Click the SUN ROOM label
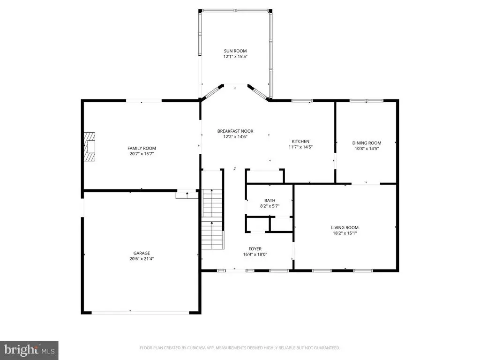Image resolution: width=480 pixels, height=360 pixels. pyautogui.click(x=235, y=51)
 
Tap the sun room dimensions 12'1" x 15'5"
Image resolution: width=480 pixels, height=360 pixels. pyautogui.click(x=235, y=57)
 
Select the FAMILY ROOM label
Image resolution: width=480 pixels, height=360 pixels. pyautogui.click(x=142, y=149)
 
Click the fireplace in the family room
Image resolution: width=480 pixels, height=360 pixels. pyautogui.click(x=90, y=147)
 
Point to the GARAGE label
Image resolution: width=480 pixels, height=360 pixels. pyautogui.click(x=142, y=253)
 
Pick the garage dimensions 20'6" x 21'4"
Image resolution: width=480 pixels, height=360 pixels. pyautogui.click(x=142, y=259)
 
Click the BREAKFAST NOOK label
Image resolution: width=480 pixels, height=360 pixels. pyautogui.click(x=235, y=131)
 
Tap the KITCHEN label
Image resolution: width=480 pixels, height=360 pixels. pyautogui.click(x=300, y=142)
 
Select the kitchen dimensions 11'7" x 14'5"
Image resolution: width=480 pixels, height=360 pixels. pyautogui.click(x=300, y=147)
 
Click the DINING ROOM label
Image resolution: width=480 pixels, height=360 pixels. pyautogui.click(x=367, y=143)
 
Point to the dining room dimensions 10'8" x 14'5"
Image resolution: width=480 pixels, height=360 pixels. pyautogui.click(x=367, y=149)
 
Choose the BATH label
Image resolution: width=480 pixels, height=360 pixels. pyautogui.click(x=270, y=201)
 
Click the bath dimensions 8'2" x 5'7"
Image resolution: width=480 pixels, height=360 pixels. pyautogui.click(x=270, y=206)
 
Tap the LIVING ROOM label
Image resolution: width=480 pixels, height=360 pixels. pyautogui.click(x=345, y=228)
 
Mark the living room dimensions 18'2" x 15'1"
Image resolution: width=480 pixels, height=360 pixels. pyautogui.click(x=345, y=233)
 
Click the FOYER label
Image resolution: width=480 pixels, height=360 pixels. pyautogui.click(x=255, y=249)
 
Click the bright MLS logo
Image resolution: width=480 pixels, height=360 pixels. pyautogui.click(x=29, y=350)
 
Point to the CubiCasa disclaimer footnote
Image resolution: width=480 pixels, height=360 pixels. pyautogui.click(x=240, y=348)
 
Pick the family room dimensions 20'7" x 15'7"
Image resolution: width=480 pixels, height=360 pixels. pyautogui.click(x=142, y=154)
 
